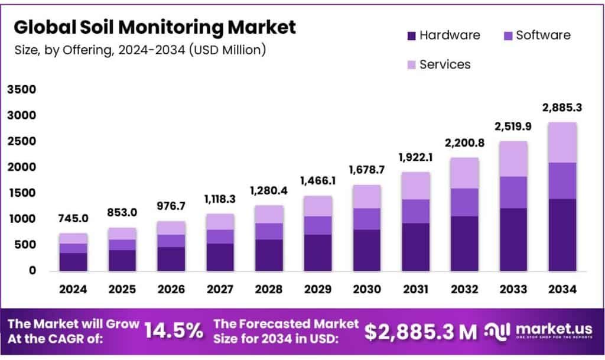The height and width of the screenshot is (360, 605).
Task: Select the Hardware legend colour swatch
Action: pyautogui.click(x=411, y=35)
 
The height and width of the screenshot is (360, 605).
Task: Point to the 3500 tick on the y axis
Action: pyautogui.click(x=21, y=90)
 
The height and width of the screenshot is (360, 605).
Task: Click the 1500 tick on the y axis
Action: pyautogui.click(x=21, y=193)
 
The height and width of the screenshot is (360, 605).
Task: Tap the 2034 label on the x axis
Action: pyautogui.click(x=562, y=290)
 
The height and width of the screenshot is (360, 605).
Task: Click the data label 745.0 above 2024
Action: pyautogui.click(x=73, y=219)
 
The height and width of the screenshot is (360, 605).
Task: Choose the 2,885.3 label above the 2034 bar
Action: pyautogui.click(x=562, y=108)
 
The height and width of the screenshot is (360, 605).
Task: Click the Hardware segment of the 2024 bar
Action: pyautogui.click(x=73, y=262)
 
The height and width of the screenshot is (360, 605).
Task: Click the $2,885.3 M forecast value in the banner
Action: pyautogui.click(x=420, y=332)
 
